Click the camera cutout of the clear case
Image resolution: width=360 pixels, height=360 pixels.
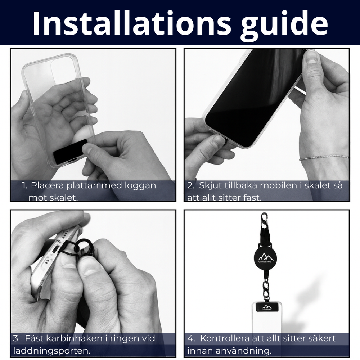pyautogui.click(x=63, y=70)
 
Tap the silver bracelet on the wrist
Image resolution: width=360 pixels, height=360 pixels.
pyautogui.click(x=324, y=157)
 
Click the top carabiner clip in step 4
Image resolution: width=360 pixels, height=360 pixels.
pyautogui.click(x=265, y=220)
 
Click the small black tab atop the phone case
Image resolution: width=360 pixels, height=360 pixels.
pyautogui.click(x=267, y=307)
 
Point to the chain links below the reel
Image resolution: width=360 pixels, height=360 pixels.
pyautogui.click(x=266, y=289)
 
